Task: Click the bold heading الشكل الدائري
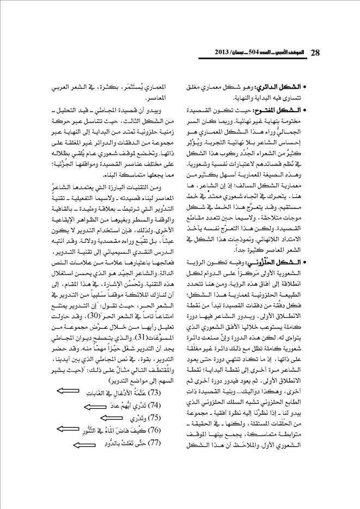click(288, 87)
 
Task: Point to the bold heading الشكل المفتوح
click(286, 111)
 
